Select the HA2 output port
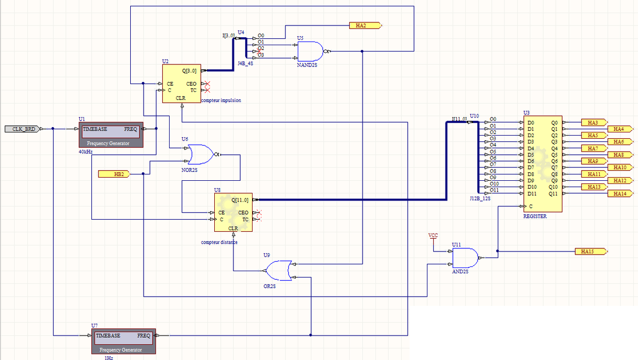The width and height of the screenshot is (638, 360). click(364, 25)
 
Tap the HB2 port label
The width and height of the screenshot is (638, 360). click(113, 174)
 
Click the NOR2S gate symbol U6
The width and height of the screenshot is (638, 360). click(200, 154)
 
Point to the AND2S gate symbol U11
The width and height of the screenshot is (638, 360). click(465, 258)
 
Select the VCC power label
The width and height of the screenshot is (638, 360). click(433, 235)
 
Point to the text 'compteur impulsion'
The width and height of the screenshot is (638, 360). click(222, 100)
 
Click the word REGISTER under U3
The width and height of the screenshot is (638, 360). click(535, 216)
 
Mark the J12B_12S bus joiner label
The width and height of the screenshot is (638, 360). click(480, 198)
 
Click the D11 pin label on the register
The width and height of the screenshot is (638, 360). click(531, 194)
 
